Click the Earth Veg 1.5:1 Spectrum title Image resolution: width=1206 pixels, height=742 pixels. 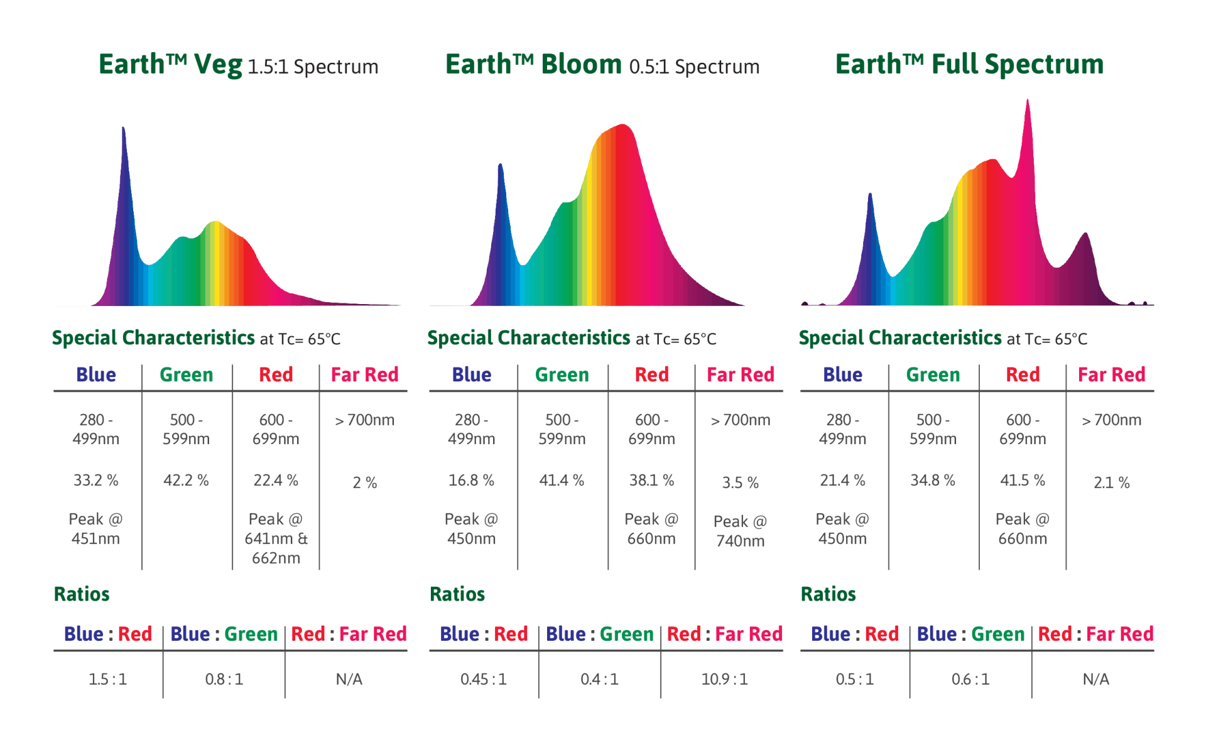pyautogui.click(x=238, y=65)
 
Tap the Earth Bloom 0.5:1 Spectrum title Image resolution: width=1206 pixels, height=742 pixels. pyautogui.click(x=602, y=65)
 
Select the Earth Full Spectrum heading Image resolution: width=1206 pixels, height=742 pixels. pyautogui.click(x=969, y=64)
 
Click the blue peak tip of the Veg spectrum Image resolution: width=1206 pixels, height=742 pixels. pyautogui.click(x=123, y=129)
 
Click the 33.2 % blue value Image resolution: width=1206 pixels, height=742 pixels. pyautogui.click(x=95, y=481)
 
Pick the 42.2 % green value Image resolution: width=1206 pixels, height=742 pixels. pyautogui.click(x=186, y=481)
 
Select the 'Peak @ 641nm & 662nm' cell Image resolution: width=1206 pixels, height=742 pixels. pyautogui.click(x=276, y=538)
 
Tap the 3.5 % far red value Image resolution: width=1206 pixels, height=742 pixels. pyautogui.click(x=740, y=483)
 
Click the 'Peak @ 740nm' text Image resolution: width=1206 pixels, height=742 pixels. pyautogui.click(x=740, y=531)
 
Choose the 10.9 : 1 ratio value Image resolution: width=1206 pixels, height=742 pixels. pyautogui.click(x=724, y=679)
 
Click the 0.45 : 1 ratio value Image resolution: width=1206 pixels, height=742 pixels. pyautogui.click(x=483, y=679)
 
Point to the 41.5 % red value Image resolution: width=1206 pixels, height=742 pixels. pyautogui.click(x=1023, y=481)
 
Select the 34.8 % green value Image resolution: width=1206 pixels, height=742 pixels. pyautogui.click(x=933, y=481)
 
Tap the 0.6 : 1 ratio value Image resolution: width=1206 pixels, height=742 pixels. pyautogui.click(x=970, y=679)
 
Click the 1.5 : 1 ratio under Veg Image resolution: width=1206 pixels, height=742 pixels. pyautogui.click(x=107, y=679)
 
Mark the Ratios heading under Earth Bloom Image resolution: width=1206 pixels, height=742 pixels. pyautogui.click(x=457, y=594)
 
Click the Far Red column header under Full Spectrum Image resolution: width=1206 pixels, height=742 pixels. pyautogui.click(x=1111, y=375)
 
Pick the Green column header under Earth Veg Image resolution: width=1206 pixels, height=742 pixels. pyautogui.click(x=186, y=375)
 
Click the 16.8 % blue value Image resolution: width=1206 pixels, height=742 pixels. pyautogui.click(x=471, y=481)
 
